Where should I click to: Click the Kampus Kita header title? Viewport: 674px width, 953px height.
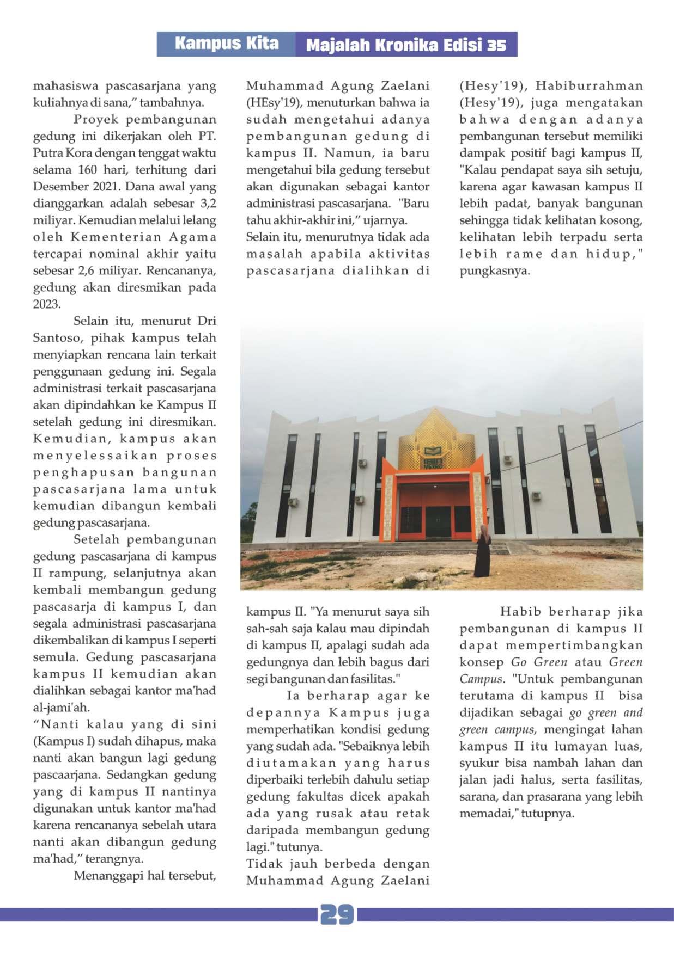point(227,44)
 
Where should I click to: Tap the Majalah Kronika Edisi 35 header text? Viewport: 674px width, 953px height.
point(406,45)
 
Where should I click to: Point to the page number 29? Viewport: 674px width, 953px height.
point(337,915)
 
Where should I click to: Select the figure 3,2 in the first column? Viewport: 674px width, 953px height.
point(206,204)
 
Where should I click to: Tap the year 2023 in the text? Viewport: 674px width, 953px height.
point(47,304)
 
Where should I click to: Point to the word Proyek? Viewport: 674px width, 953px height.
point(90,119)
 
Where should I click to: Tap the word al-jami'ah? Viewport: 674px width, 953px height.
point(60,708)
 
